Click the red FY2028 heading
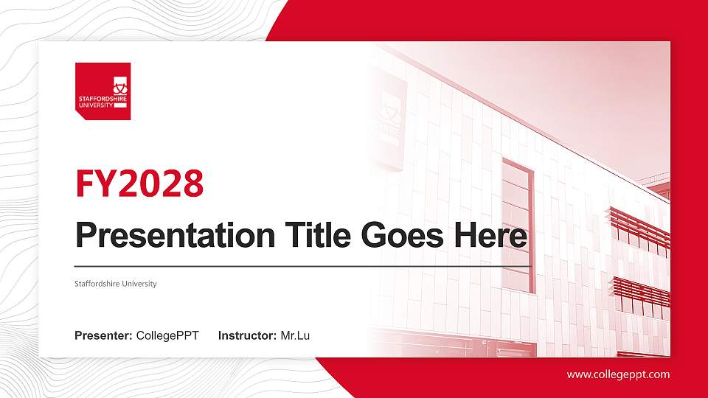coord(139,184)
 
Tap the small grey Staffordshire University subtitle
coord(116,284)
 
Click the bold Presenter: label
coord(103,336)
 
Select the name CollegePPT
coord(167,336)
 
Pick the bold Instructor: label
coord(248,336)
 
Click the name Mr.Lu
coord(296,336)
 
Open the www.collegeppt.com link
coord(618,374)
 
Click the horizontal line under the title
coord(302,266)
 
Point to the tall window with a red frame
coord(518,225)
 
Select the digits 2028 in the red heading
coord(161,184)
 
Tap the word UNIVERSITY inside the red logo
coord(96,105)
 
